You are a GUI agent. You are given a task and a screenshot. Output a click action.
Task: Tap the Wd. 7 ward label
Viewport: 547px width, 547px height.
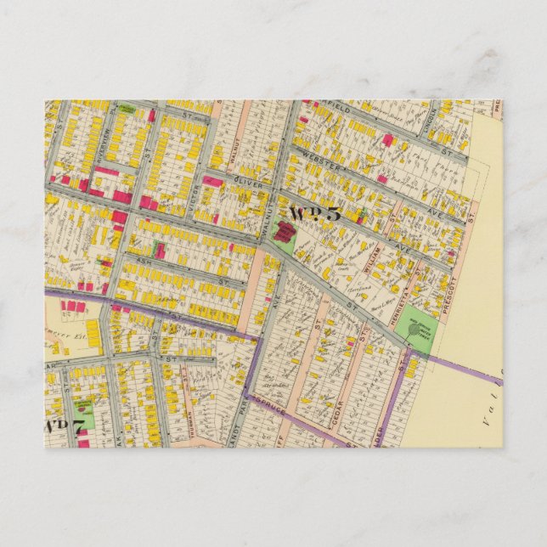pyautogui.click(x=64, y=426)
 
